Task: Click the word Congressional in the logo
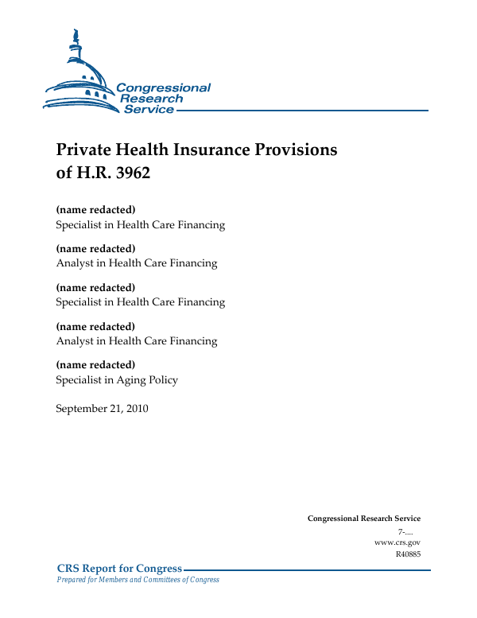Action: click(163, 87)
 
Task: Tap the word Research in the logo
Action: click(151, 99)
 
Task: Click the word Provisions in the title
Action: click(300, 150)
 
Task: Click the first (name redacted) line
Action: click(95, 210)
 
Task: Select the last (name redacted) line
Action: click(95, 365)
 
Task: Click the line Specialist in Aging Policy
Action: click(117, 380)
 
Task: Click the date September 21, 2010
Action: click(102, 410)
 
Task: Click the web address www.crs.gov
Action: click(397, 542)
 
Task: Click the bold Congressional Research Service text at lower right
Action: click(364, 519)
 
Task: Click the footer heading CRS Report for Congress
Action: click(120, 569)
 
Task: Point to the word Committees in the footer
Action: click(159, 580)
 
